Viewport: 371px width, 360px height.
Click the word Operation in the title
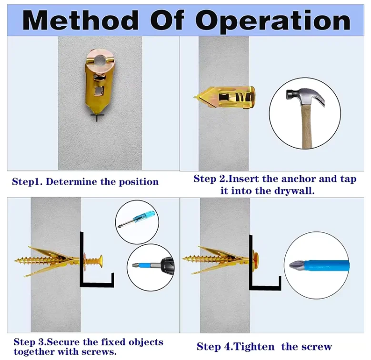pos(273,21)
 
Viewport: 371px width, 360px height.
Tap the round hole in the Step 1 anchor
pos(100,60)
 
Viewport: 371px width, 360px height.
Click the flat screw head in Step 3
pos(100,260)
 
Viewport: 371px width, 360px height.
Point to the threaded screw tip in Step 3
pos(16,260)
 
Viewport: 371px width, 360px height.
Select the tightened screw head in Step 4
pos(255,259)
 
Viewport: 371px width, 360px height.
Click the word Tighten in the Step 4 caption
pos(254,347)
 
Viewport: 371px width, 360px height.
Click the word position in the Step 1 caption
pos(139,182)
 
